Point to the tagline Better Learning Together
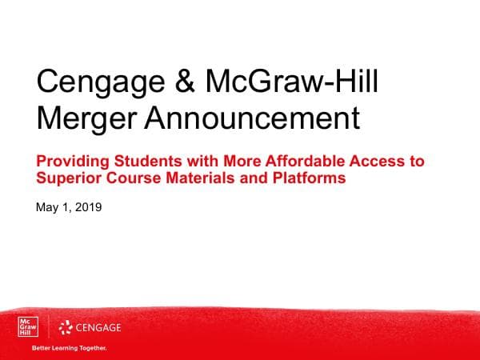[68, 349]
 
